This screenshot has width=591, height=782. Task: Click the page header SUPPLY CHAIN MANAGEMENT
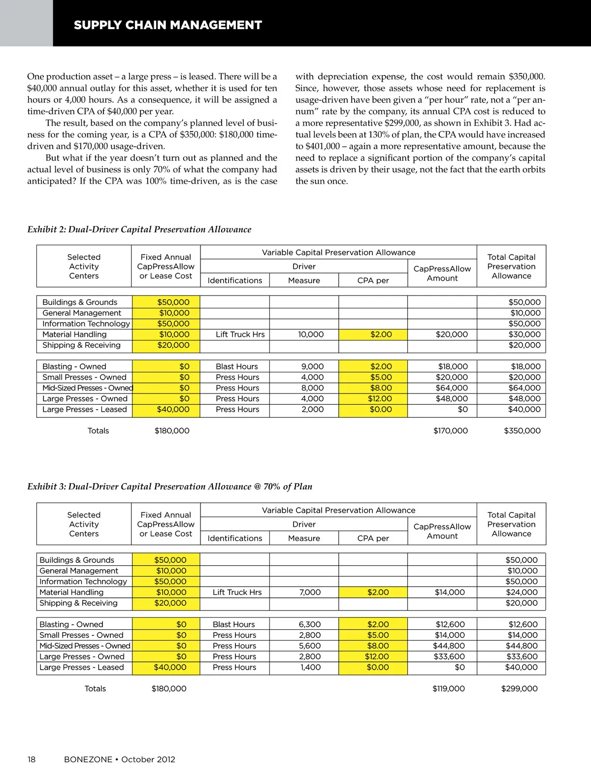click(x=167, y=25)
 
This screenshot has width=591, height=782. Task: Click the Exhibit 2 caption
click(x=139, y=229)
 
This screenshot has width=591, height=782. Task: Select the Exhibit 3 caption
click(x=169, y=487)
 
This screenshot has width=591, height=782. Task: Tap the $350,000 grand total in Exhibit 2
click(x=522, y=431)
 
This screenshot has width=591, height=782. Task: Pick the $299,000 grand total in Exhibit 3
click(x=519, y=689)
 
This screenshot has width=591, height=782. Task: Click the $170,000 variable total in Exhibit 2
click(x=450, y=431)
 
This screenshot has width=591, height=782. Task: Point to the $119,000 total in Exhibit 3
click(x=448, y=689)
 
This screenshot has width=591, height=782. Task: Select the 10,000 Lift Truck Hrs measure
click(x=311, y=334)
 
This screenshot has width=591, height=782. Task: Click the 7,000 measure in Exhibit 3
click(x=310, y=592)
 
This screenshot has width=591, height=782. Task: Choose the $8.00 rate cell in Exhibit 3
click(x=378, y=646)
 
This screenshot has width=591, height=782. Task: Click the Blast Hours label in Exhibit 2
click(x=236, y=367)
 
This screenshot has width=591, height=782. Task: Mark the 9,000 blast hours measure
click(x=312, y=367)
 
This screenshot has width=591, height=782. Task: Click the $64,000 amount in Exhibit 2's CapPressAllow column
click(x=452, y=388)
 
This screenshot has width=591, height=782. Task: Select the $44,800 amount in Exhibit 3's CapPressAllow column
click(x=449, y=646)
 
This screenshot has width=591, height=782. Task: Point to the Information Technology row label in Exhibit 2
click(x=86, y=324)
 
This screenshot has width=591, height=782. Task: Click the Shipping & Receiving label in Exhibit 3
click(x=78, y=603)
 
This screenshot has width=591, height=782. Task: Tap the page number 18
click(x=32, y=759)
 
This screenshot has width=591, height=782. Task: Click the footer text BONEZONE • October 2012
click(x=119, y=759)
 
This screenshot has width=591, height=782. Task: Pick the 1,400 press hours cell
click(x=310, y=668)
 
